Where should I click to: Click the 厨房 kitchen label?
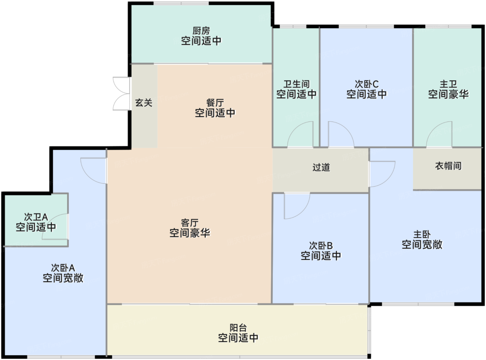click(x=201, y=31)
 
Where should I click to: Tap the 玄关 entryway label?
click(x=144, y=103)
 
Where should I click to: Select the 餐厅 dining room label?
click(x=215, y=103)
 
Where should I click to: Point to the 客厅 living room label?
click(x=190, y=223)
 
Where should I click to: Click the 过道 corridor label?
click(x=321, y=167)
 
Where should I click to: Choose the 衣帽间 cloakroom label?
click(x=448, y=166)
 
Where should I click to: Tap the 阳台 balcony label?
click(x=238, y=328)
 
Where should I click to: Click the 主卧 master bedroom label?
click(x=422, y=234)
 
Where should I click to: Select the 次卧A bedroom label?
click(x=63, y=268)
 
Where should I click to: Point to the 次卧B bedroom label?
click(x=321, y=246)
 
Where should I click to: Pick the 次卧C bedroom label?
click(x=367, y=84)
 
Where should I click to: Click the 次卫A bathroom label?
click(x=36, y=217)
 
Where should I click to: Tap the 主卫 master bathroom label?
click(x=448, y=84)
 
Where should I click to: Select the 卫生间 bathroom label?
click(x=296, y=84)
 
